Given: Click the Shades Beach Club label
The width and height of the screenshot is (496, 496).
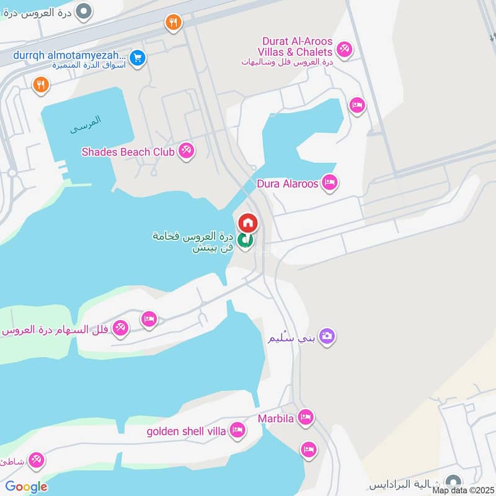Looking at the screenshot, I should click(129, 151).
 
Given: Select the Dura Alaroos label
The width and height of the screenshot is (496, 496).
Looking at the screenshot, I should click(288, 184).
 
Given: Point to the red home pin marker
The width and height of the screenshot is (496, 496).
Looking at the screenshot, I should click(247, 223).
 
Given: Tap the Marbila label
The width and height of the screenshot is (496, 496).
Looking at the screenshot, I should click(276, 418).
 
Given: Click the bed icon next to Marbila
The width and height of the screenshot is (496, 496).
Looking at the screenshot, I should click(304, 418).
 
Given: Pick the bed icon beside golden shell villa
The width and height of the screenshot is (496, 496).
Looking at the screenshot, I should click(236, 430).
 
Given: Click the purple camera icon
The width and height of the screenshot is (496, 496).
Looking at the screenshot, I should click(327, 336).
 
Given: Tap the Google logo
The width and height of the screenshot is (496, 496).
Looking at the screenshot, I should click(26, 487).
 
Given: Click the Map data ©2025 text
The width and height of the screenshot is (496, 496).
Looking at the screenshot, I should click(463, 490).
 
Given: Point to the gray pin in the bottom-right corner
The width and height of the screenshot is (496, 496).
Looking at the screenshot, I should click(454, 482).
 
